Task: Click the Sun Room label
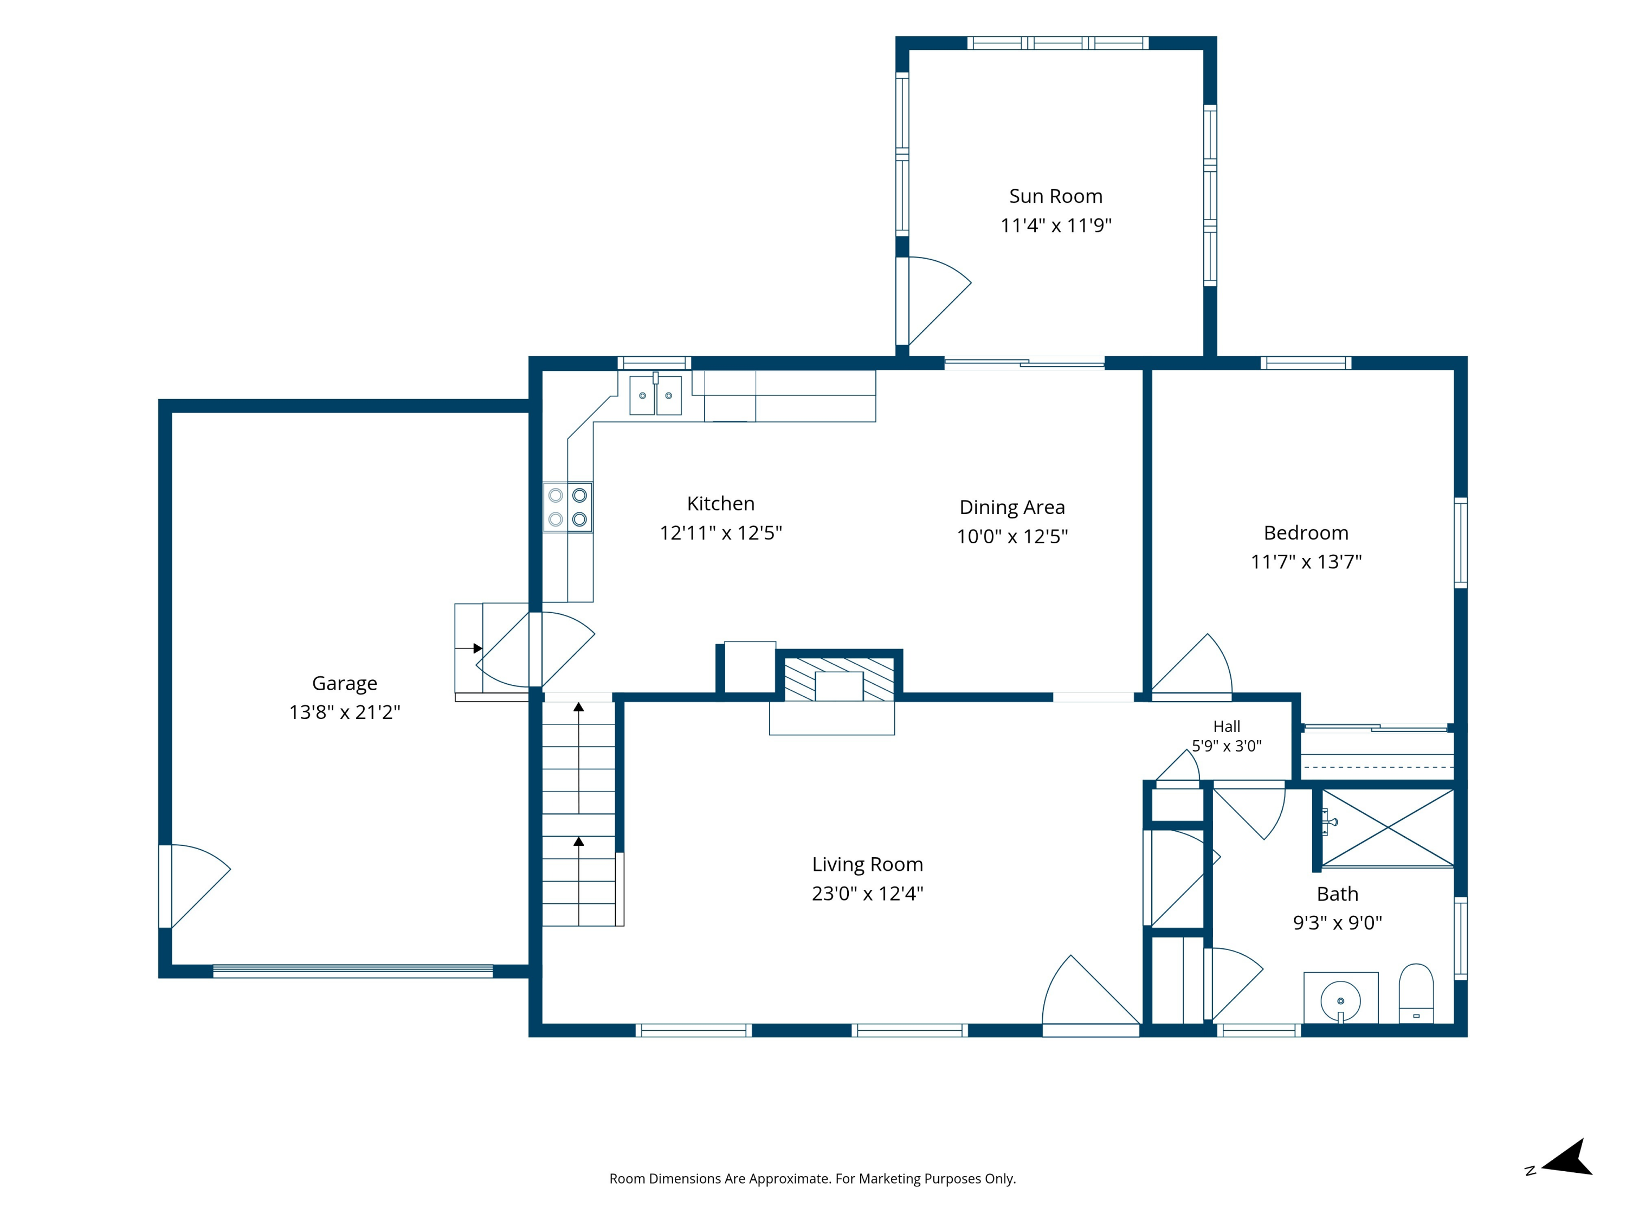click(1056, 196)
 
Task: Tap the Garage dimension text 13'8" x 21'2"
click(345, 712)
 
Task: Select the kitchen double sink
click(656, 395)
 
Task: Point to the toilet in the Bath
click(1416, 993)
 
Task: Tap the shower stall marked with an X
click(1388, 828)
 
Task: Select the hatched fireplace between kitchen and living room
click(838, 678)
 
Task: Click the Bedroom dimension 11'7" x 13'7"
click(1306, 562)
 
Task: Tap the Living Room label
click(867, 864)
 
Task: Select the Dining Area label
click(1012, 508)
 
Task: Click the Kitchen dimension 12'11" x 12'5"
click(720, 532)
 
